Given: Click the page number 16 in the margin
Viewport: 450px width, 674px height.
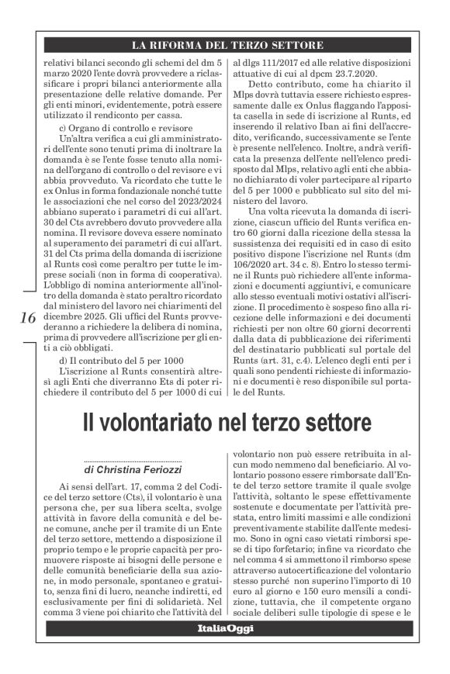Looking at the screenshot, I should (26, 319).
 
